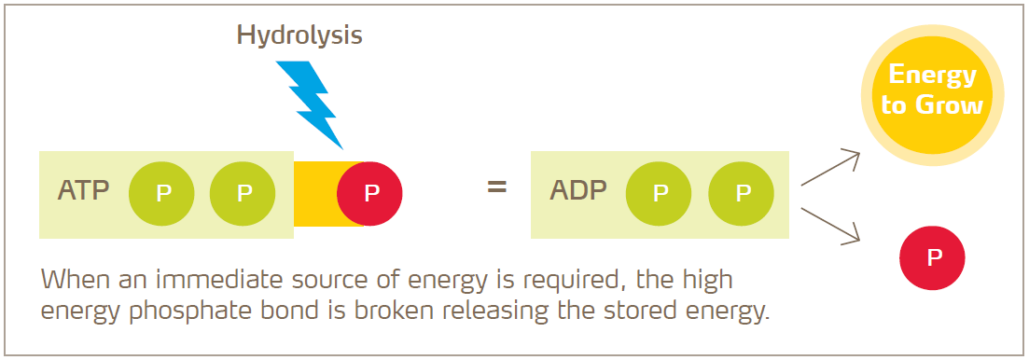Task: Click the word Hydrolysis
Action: tap(299, 35)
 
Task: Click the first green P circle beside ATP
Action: tap(162, 194)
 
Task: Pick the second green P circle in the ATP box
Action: tap(243, 194)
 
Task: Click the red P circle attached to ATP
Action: tap(370, 194)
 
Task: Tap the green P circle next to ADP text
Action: tap(659, 194)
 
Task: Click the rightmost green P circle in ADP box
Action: tap(742, 194)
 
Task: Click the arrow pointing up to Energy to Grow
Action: tap(829, 167)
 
